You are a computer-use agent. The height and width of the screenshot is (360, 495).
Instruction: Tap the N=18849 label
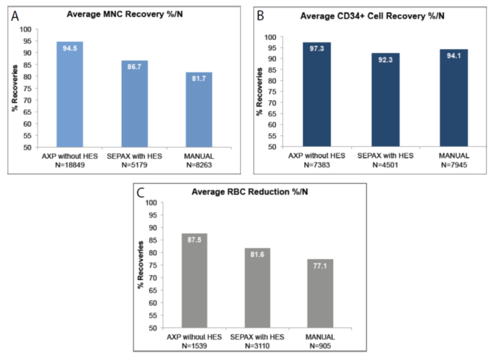pos(70,164)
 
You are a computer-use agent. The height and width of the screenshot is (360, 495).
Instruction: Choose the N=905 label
pos(320,346)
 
